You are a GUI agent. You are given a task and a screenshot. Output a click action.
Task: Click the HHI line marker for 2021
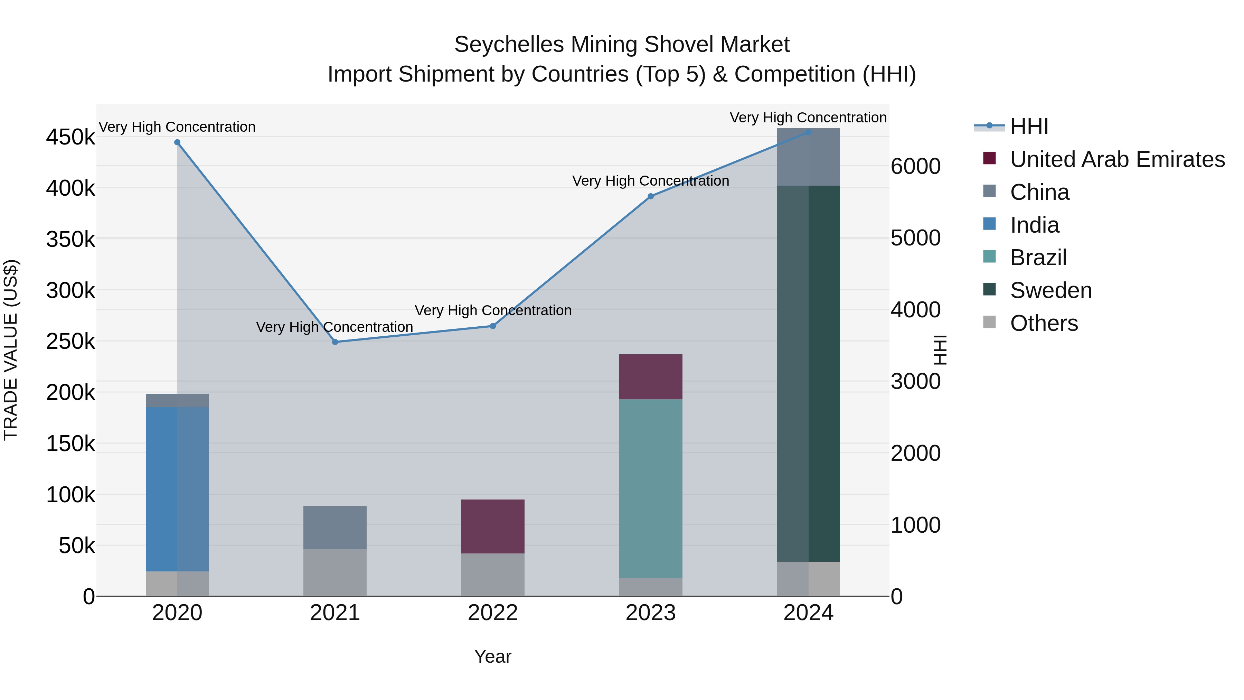tap(335, 342)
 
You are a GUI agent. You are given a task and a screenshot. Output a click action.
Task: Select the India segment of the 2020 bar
tap(177, 489)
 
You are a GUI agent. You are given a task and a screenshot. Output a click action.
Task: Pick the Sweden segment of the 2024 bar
tap(808, 373)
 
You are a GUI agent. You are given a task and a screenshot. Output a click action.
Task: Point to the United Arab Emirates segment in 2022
tap(492, 526)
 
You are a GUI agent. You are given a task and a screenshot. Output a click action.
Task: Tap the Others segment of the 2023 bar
tap(650, 587)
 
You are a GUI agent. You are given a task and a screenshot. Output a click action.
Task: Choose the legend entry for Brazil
tap(1038, 258)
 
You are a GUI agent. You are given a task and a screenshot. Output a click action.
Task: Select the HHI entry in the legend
tap(1029, 127)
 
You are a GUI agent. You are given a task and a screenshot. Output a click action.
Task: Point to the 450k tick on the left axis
tap(70, 137)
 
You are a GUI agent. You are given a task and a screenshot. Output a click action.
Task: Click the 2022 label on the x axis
tap(492, 613)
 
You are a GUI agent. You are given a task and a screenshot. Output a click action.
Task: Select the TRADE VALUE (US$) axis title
tap(11, 350)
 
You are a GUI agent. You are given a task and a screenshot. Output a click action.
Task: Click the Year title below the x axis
tap(492, 656)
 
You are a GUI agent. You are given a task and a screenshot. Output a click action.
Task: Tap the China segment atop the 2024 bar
tap(808, 157)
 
